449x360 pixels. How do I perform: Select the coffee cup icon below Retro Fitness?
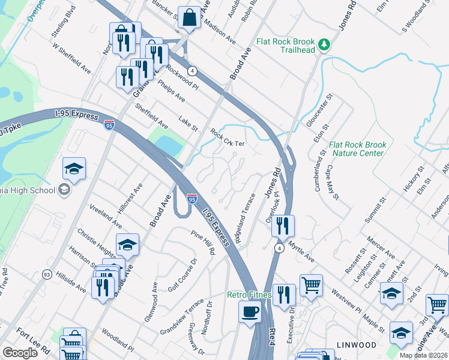tap(250, 311)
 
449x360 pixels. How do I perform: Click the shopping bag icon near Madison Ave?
tap(189, 19)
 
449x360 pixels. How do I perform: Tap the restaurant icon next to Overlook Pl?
tap(283, 227)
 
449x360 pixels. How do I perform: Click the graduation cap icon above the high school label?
tap(74, 169)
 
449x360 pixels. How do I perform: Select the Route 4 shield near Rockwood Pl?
tap(191, 70)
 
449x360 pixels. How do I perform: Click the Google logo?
tap(20, 352)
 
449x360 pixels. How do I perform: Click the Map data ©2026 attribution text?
tap(423, 355)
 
